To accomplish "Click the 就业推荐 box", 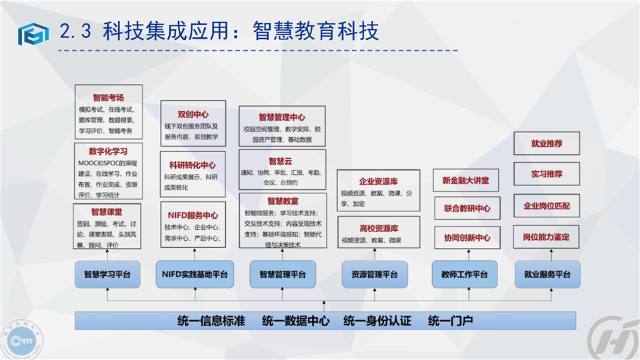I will point(547,143).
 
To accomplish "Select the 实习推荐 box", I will point(547,174).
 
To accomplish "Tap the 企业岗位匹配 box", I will point(547,205).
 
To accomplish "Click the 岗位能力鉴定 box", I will point(547,237).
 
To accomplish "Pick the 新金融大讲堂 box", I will point(466,181).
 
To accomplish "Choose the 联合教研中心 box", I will point(467,209).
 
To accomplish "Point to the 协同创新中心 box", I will point(467,237).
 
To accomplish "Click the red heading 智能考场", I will point(108,97).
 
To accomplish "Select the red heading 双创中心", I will point(193,115).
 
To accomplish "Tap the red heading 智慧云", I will point(281,161).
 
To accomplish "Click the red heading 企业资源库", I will point(377,181).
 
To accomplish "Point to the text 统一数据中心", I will point(295,321).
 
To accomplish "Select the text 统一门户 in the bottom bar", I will point(451,321).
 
